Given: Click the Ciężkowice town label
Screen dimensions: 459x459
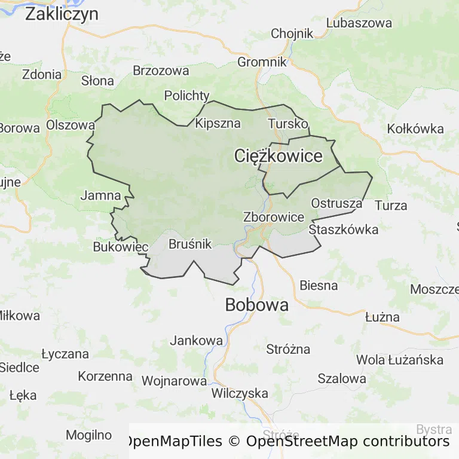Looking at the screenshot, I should click(x=278, y=157).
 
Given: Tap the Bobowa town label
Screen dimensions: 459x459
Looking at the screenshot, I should click(x=256, y=305).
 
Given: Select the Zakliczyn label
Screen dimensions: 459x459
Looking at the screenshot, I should click(x=62, y=14).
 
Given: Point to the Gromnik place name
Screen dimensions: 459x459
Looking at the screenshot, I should click(x=262, y=62).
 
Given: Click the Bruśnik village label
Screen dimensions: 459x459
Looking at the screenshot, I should click(x=190, y=244).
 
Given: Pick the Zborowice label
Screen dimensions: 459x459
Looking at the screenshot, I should click(x=274, y=218).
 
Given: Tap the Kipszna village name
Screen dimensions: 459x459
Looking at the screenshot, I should click(x=218, y=124).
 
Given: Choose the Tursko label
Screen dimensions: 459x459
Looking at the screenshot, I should click(x=288, y=124).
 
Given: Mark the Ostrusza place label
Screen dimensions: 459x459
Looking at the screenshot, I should click(x=336, y=203).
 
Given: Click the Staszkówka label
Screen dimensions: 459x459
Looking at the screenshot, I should click(x=344, y=229).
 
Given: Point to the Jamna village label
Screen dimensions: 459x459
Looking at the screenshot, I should click(x=100, y=195).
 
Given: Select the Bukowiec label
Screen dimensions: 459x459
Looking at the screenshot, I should click(x=121, y=247).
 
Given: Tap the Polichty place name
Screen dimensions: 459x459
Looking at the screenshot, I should click(x=187, y=96).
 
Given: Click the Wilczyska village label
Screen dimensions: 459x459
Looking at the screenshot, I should click(x=240, y=393).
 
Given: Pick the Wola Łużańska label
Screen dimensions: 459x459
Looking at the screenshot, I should click(x=400, y=360).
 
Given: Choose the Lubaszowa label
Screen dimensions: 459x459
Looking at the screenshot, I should click(x=359, y=23).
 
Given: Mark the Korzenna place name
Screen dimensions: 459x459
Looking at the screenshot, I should click(x=105, y=377).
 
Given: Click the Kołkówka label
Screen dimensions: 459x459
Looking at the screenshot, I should click(x=415, y=129).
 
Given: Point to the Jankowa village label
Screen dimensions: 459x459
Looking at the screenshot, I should click(x=197, y=341).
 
